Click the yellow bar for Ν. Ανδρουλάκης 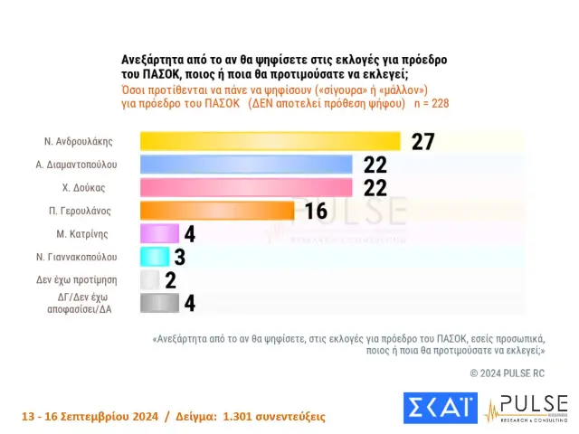tap(270, 140)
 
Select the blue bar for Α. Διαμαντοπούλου tap(246, 164)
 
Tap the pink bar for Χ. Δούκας tap(246, 187)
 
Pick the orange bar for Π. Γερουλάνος tap(217, 211)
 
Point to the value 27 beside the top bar tap(423, 141)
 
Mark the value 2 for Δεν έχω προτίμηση tap(170, 280)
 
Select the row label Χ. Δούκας tap(85, 187)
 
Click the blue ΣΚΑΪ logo tap(440, 409)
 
